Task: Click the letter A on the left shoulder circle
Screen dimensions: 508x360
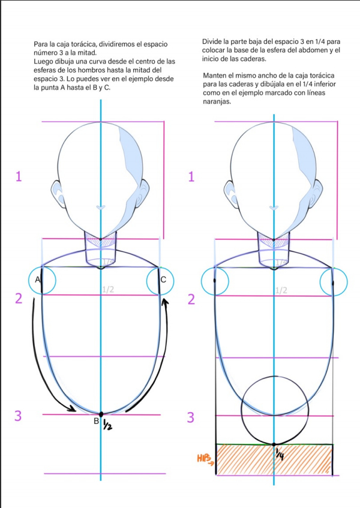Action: (37, 280)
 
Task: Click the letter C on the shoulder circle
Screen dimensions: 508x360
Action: (163, 280)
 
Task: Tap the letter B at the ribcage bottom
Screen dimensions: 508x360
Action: (96, 421)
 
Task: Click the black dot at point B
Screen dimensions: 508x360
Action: (101, 414)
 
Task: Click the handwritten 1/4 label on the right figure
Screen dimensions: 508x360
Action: (280, 456)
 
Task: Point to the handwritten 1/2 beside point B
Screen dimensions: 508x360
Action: (107, 425)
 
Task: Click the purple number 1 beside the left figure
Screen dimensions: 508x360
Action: (20, 176)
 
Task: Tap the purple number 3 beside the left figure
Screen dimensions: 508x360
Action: (18, 416)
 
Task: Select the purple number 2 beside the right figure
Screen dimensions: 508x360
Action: (191, 299)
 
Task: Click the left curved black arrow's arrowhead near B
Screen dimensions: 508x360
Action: (74, 410)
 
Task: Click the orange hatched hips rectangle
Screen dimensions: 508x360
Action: (274, 459)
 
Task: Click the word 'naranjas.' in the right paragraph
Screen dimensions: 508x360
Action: (218, 101)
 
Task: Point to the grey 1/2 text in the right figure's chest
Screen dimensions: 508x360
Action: (281, 290)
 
